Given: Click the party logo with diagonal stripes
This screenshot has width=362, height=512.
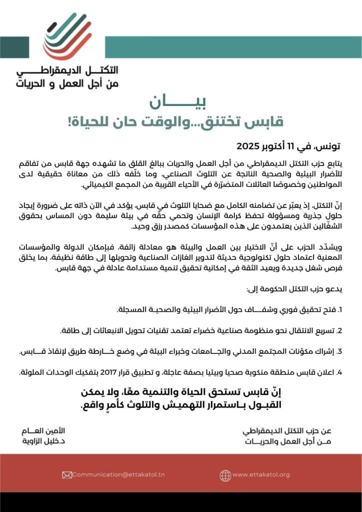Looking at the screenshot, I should click(x=69, y=35).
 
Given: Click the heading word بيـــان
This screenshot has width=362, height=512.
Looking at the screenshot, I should click(x=180, y=102).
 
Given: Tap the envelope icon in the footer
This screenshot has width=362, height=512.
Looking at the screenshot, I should click(x=66, y=474).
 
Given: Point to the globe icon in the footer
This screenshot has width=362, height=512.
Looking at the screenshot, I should click(x=225, y=474).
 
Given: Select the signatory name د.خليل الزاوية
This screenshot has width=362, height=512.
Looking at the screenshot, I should click(x=52, y=441).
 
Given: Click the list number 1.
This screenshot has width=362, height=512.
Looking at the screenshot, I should click(x=340, y=310).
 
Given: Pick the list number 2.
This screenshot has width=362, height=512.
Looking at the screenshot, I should click(x=340, y=331).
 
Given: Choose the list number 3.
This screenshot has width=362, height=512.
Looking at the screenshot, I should click(x=339, y=352).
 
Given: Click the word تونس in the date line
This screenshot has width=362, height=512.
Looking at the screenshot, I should click(x=328, y=146).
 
